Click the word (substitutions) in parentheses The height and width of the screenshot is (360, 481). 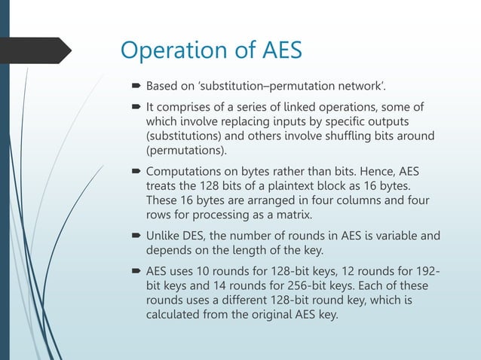(186, 135)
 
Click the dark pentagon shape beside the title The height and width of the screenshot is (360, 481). (38, 50)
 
